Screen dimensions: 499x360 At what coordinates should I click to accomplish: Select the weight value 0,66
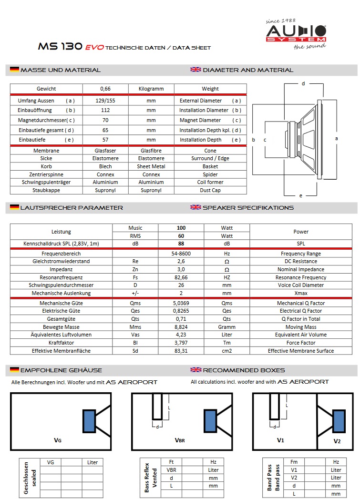[x=105, y=89]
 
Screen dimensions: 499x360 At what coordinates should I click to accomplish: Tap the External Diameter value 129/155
[x=105, y=101]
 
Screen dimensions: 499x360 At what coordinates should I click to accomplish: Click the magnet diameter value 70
[x=105, y=120]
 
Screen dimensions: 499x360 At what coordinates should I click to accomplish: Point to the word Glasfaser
[x=105, y=151]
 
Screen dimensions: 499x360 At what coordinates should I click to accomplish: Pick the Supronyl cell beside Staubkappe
[x=105, y=190]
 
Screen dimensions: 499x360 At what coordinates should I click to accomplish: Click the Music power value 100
[x=181, y=228]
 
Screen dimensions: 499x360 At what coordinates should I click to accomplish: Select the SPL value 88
[x=181, y=244]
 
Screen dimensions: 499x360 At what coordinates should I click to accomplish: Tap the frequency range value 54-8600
[x=181, y=254]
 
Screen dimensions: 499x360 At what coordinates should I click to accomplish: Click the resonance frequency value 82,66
[x=181, y=277]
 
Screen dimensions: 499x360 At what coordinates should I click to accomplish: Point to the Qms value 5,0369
[x=181, y=303]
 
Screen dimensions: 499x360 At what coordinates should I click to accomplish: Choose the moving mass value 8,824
[x=181, y=327]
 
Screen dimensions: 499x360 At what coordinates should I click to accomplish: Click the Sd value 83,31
[x=181, y=351]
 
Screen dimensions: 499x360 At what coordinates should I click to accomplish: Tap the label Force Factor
[x=301, y=343]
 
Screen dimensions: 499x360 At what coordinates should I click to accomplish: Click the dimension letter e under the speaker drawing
[x=301, y=195]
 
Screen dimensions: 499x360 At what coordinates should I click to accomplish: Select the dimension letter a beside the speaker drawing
[x=337, y=138]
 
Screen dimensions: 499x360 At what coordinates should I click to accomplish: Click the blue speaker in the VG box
[x=89, y=421]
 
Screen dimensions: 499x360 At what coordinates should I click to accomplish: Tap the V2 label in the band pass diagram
[x=337, y=441]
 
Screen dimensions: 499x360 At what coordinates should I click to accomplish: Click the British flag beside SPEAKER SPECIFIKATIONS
[x=195, y=207]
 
